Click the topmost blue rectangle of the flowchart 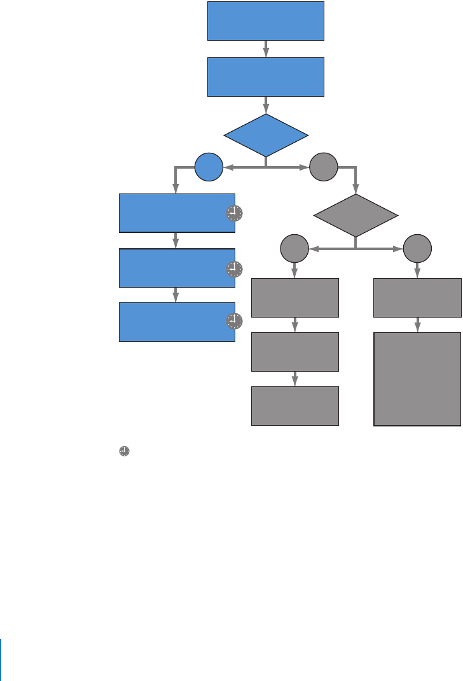(265, 20)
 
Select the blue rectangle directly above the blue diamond (265, 77)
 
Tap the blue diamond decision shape (265, 135)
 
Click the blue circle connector (209, 168)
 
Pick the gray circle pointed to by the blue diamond (324, 168)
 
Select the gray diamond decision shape (356, 216)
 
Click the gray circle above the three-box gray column (294, 248)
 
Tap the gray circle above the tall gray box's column (417, 248)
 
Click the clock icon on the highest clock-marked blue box (235, 214)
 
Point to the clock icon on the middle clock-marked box (235, 269)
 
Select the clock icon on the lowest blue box (235, 321)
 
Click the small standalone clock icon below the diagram (124, 451)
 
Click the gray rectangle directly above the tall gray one (417, 297)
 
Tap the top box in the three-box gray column (295, 297)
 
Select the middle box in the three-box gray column (295, 351)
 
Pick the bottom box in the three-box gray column (295, 405)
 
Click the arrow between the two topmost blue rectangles (265, 49)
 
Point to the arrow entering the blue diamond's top (265, 106)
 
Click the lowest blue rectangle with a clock (172, 322)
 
